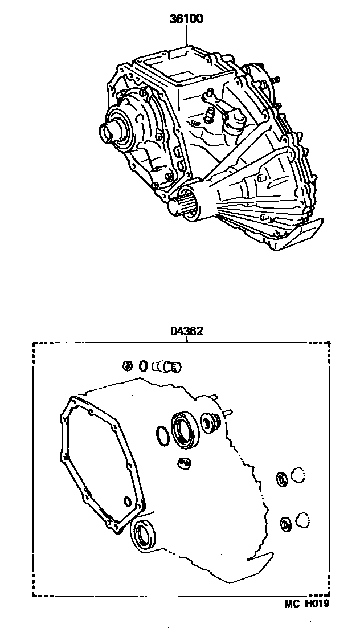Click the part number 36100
pyautogui.click(x=187, y=19)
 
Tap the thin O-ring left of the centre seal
pyautogui.click(x=162, y=436)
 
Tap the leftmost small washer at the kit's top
pyautogui.click(x=128, y=365)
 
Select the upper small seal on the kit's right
pyautogui.click(x=281, y=479)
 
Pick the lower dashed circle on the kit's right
pyautogui.click(x=302, y=520)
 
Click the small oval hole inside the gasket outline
pyautogui.click(x=127, y=502)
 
